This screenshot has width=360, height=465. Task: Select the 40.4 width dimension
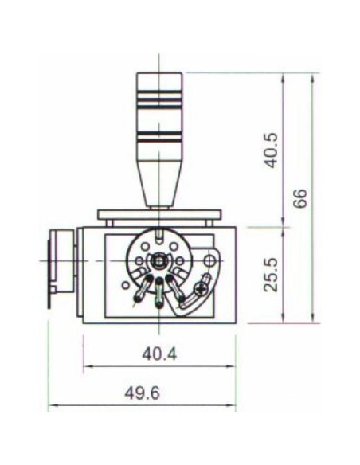point(159,353)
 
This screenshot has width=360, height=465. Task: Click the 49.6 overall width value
point(142,393)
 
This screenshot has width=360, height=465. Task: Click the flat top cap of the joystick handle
point(159,74)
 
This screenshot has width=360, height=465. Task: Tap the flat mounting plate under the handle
point(159,214)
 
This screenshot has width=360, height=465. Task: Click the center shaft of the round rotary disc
point(160,260)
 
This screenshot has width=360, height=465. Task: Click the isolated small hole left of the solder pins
point(126,283)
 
